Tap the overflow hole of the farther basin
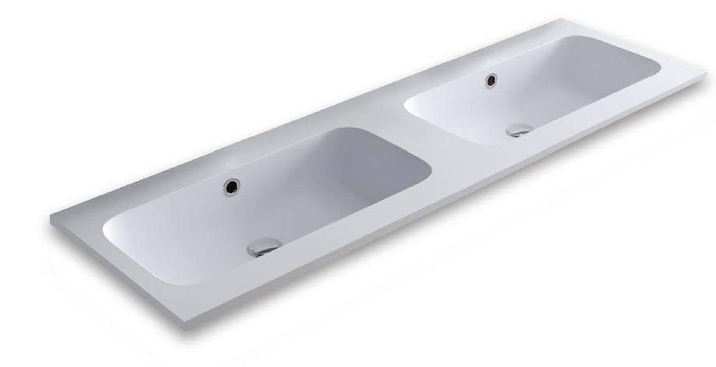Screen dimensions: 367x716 click(x=491, y=79)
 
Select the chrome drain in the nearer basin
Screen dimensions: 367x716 click(x=262, y=249)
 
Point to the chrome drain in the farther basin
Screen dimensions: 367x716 click(x=519, y=130)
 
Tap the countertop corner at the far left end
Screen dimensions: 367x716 click(x=51, y=218)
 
